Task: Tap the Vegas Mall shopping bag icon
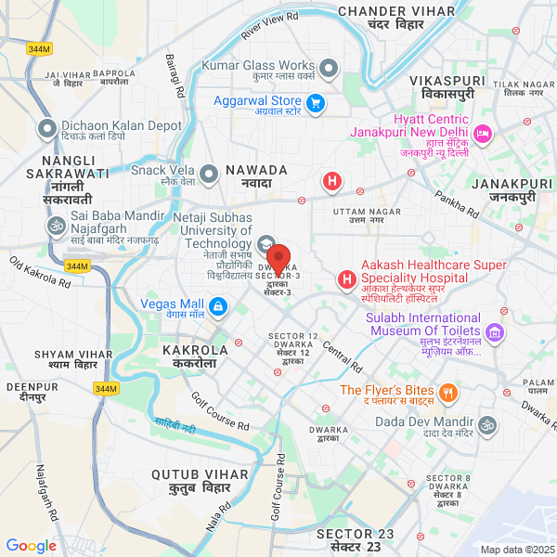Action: point(217,305)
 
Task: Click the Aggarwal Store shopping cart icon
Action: point(316,102)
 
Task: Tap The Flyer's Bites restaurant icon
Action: point(448,393)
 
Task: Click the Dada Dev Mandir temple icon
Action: point(487,424)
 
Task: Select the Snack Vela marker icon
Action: point(211,172)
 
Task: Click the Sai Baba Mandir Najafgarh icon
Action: point(54,226)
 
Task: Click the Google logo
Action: point(31,546)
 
